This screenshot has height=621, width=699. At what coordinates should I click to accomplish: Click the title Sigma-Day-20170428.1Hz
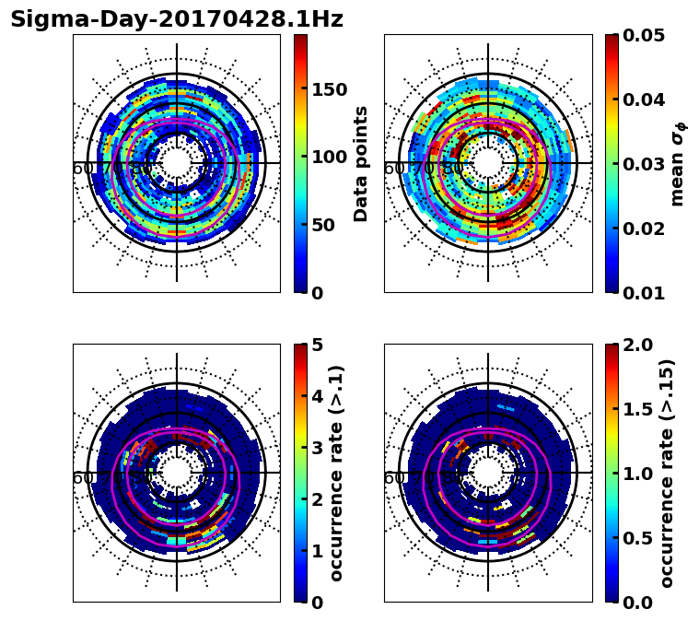point(177,19)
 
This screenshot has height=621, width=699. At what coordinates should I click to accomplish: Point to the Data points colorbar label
point(361,163)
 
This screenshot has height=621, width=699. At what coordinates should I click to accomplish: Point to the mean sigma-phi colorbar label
point(678,163)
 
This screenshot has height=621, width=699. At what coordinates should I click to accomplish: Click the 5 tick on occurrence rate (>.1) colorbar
point(318,345)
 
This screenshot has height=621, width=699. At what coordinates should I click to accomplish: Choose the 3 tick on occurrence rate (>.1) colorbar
point(318,448)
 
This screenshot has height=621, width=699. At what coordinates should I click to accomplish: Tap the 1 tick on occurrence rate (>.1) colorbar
point(318,551)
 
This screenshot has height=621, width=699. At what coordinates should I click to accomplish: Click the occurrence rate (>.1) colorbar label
point(337,473)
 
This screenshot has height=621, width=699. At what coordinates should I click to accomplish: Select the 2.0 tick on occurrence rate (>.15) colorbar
point(637,345)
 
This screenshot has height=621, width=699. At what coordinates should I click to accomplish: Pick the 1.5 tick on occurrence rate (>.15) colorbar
point(637,409)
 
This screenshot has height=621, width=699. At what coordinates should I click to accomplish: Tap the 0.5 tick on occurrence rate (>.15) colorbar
point(637,538)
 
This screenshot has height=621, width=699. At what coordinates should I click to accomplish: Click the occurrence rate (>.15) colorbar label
point(667,473)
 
